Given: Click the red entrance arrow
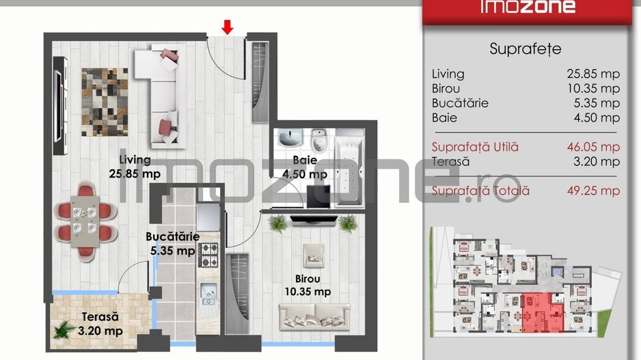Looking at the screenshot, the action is pyautogui.click(x=228, y=27).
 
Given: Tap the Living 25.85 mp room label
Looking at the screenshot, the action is pyautogui.click(x=135, y=167).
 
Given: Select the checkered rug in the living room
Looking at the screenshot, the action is pyautogui.click(x=105, y=102).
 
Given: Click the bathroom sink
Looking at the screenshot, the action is pyautogui.click(x=290, y=138).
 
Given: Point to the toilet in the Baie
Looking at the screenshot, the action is pyautogui.click(x=318, y=139).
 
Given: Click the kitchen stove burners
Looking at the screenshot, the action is pyautogui.click(x=208, y=255).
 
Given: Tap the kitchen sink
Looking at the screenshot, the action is pyautogui.click(x=208, y=294).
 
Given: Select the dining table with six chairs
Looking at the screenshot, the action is pyautogui.click(x=85, y=221).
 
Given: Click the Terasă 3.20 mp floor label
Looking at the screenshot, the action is pyautogui.click(x=100, y=324).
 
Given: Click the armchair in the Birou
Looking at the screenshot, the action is pyautogui.click(x=314, y=255).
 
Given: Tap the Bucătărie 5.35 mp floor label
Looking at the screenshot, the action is pyautogui.click(x=172, y=244).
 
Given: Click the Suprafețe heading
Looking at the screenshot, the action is pyautogui.click(x=526, y=49).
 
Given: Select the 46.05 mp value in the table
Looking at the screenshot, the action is pyautogui.click(x=593, y=147).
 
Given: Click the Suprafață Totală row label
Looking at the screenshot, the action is pyautogui.click(x=480, y=191).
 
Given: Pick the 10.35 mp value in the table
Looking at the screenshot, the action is pyautogui.click(x=593, y=88).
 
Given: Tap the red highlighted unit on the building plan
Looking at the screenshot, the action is pyautogui.click(x=543, y=312).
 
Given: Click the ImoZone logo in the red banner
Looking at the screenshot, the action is pyautogui.click(x=528, y=7).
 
